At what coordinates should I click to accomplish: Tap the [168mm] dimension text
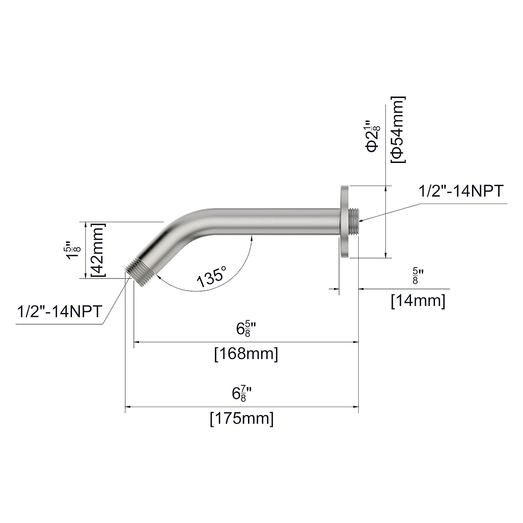246,353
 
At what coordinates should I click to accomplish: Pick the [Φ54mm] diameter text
398,130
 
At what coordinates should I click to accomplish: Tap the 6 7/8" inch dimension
242,394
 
